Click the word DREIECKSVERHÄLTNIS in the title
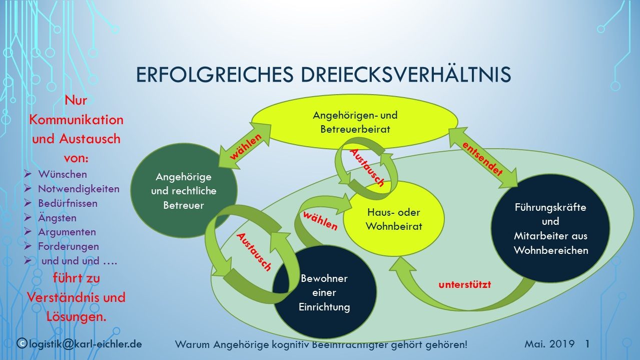click(406, 74)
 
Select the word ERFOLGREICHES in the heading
click(215, 75)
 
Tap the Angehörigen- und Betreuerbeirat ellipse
click(355, 122)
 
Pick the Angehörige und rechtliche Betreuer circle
click(184, 190)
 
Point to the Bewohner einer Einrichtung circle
click(325, 292)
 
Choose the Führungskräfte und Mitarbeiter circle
click(550, 228)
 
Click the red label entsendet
click(482, 159)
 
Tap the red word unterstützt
click(464, 284)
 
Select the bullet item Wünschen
click(63, 174)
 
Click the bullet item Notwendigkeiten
click(79, 189)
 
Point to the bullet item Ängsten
click(57, 218)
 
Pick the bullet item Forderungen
click(69, 246)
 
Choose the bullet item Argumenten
click(67, 232)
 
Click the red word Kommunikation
click(76, 120)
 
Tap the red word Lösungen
click(76, 316)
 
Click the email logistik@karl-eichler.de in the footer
click(85, 344)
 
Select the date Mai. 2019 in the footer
click(549, 343)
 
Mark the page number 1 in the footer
click(587, 343)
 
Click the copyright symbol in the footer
click(22, 343)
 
